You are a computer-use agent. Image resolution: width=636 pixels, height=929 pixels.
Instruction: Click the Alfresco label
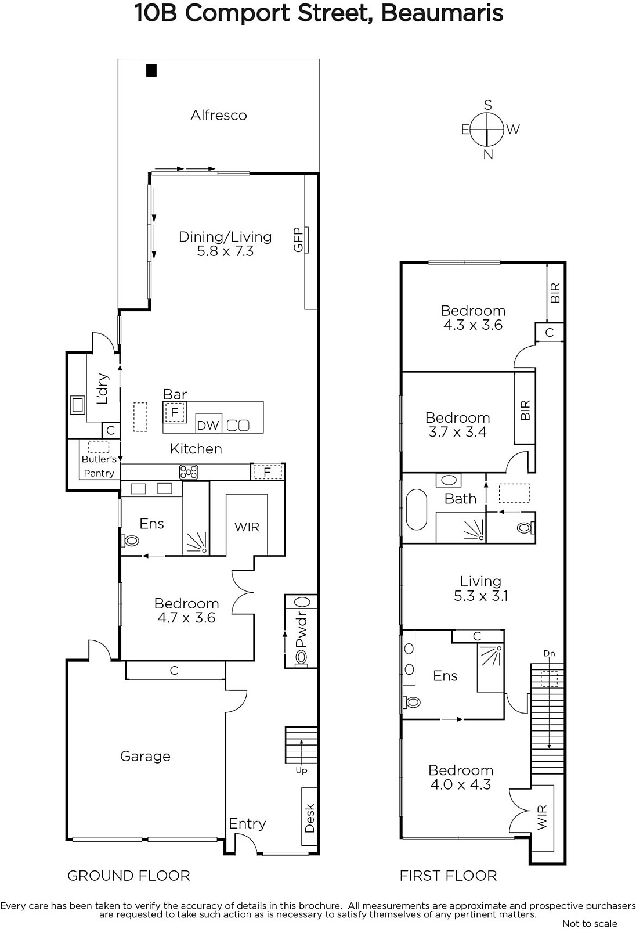point(219,115)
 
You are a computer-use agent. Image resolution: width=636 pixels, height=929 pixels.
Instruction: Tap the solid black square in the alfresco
point(151,70)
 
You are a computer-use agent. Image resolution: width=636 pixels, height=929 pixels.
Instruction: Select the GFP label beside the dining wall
point(298,240)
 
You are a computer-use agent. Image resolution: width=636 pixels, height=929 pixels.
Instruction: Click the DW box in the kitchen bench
point(208,423)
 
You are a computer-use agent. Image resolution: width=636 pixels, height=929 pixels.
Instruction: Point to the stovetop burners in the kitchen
point(188,472)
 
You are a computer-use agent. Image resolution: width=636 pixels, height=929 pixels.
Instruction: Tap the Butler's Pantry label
point(99,466)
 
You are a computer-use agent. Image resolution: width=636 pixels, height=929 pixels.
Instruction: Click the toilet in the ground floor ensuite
point(130,541)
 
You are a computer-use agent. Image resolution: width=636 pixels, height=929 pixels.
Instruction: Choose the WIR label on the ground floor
point(247,527)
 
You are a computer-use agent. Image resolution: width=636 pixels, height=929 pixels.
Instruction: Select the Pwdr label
point(301,629)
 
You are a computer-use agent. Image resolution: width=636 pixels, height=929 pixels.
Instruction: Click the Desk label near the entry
point(310,818)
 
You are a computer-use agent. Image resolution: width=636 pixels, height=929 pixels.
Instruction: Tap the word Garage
point(145,757)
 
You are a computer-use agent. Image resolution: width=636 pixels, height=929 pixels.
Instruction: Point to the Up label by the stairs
point(301,770)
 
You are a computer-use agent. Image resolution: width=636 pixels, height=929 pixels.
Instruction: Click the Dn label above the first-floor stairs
point(549,654)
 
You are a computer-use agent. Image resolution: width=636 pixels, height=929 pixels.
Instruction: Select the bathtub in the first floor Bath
point(416,510)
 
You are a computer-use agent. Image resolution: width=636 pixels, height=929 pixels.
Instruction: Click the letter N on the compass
point(488,154)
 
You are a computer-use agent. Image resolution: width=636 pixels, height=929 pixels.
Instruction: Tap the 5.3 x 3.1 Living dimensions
point(480,596)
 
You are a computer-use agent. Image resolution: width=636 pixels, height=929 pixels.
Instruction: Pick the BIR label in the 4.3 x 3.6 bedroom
point(555,293)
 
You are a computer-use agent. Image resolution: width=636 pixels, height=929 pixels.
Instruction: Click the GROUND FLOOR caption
point(128,876)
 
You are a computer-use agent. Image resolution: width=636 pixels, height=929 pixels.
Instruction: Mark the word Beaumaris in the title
point(442,13)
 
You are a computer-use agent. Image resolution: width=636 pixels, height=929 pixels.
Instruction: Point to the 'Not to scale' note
point(590,924)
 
